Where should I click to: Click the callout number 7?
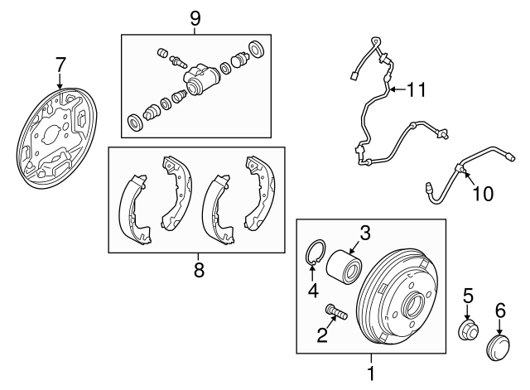pyautogui.click(x=60, y=65)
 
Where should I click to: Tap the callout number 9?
pyautogui.click(x=195, y=18)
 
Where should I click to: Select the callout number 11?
pyautogui.click(x=416, y=89)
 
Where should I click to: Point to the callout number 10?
pyautogui.click(x=483, y=194)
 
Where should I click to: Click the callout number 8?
pyautogui.click(x=199, y=270)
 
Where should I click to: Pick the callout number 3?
pyautogui.click(x=365, y=234)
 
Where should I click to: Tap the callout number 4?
pyautogui.click(x=313, y=291)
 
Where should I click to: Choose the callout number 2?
pyautogui.click(x=322, y=335)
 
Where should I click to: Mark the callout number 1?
pyautogui.click(x=371, y=373)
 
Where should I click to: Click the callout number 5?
pyautogui.click(x=468, y=296)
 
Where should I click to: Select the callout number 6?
pyautogui.click(x=500, y=311)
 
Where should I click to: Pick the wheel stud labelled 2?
pyautogui.click(x=336, y=311)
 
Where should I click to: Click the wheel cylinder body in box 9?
pyautogui.click(x=201, y=79)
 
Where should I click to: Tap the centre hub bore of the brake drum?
pyautogui.click(x=412, y=306)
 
